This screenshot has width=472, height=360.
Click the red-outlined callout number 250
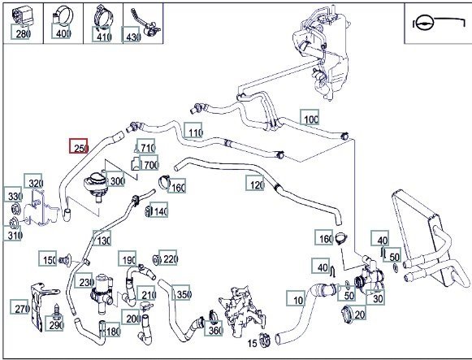[x=79, y=145]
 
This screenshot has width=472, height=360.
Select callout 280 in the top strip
[x=21, y=32]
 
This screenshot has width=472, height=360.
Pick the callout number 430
[x=131, y=34]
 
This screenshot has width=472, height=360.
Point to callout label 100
[x=310, y=117]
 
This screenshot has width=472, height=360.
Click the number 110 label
[x=193, y=130]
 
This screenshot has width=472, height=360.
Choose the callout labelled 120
[x=255, y=183]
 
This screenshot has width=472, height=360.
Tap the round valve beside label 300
[x=96, y=185]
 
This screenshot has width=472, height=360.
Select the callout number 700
[x=149, y=163]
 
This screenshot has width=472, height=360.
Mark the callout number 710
[x=146, y=146]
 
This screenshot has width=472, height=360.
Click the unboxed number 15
[x=253, y=343]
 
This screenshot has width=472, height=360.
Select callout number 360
[x=214, y=328]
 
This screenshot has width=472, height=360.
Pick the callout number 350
[x=181, y=293]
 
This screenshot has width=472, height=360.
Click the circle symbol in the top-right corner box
[x=424, y=23]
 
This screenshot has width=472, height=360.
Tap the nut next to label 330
[x=15, y=208]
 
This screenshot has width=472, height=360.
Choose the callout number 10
[x=296, y=298]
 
